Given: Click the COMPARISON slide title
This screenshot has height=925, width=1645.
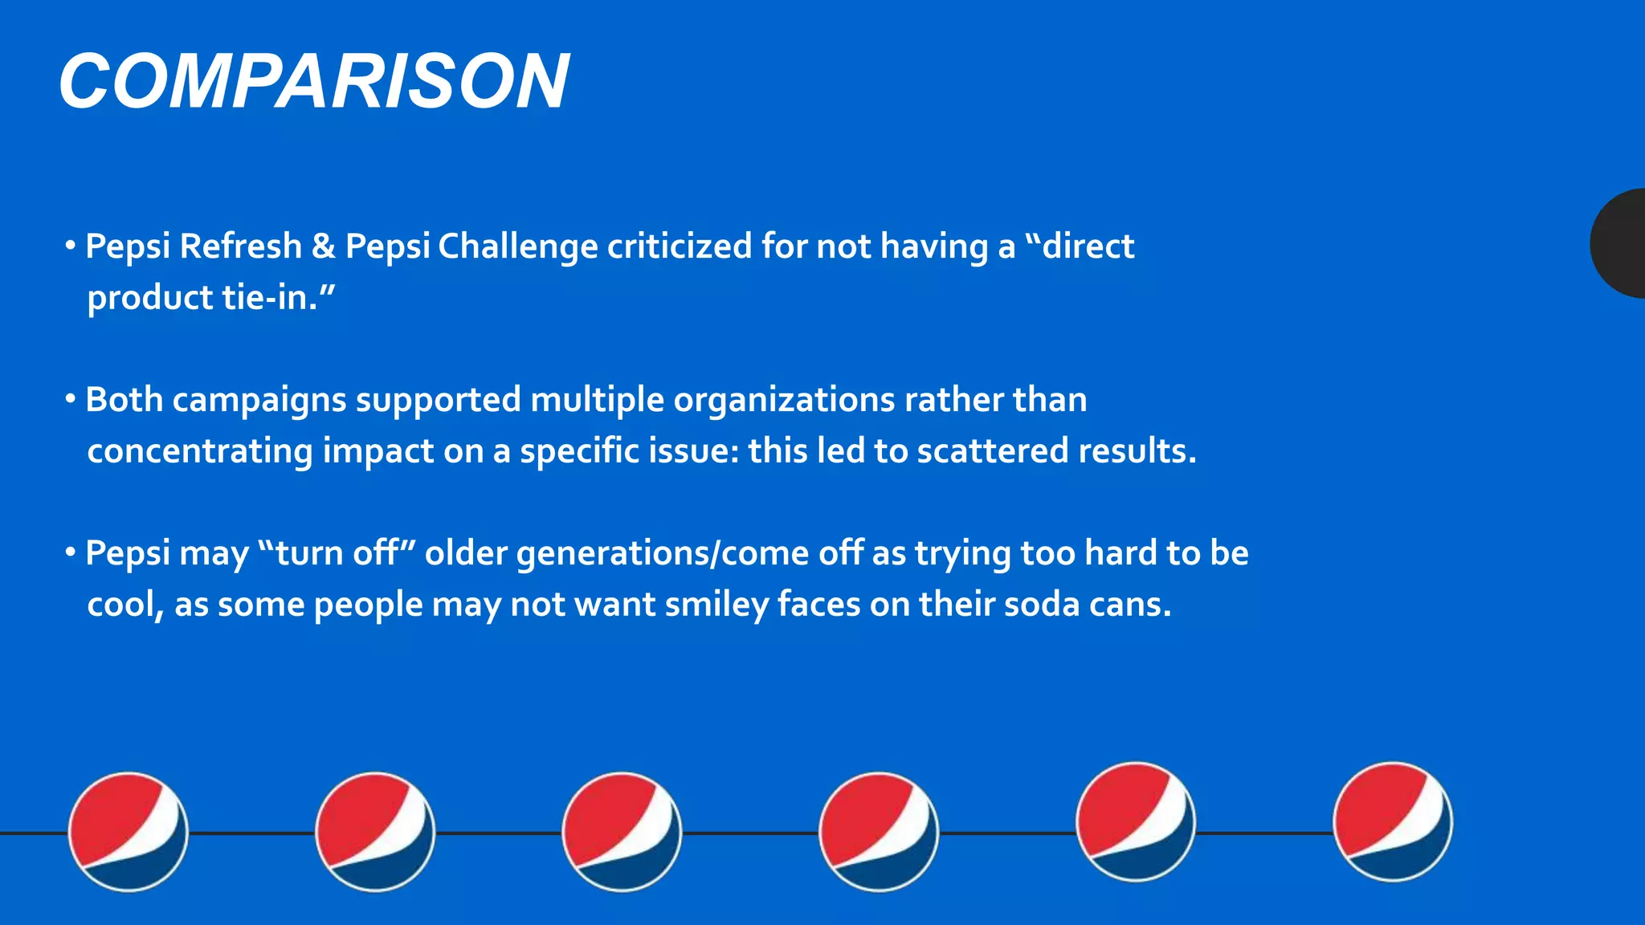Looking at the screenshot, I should click(x=314, y=81).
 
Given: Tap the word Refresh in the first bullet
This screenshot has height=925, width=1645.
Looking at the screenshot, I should click(x=241, y=247).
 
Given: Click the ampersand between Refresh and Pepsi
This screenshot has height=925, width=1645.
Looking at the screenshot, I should click(x=323, y=247).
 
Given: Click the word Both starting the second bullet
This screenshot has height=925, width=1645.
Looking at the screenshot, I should click(x=124, y=400).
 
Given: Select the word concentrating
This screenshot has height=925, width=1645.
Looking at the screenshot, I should click(x=199, y=451).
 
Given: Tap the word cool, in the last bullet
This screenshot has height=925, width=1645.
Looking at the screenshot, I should click(x=125, y=605).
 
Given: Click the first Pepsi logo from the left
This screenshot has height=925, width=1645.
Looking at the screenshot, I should click(x=129, y=832).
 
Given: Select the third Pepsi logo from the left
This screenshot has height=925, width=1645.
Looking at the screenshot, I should click(x=622, y=832).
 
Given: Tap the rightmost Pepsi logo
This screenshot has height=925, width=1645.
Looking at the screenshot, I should click(x=1393, y=821).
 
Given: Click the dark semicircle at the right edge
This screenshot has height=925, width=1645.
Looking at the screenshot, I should click(x=1621, y=243).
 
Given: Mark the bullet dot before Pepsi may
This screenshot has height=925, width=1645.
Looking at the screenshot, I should click(x=71, y=552).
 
